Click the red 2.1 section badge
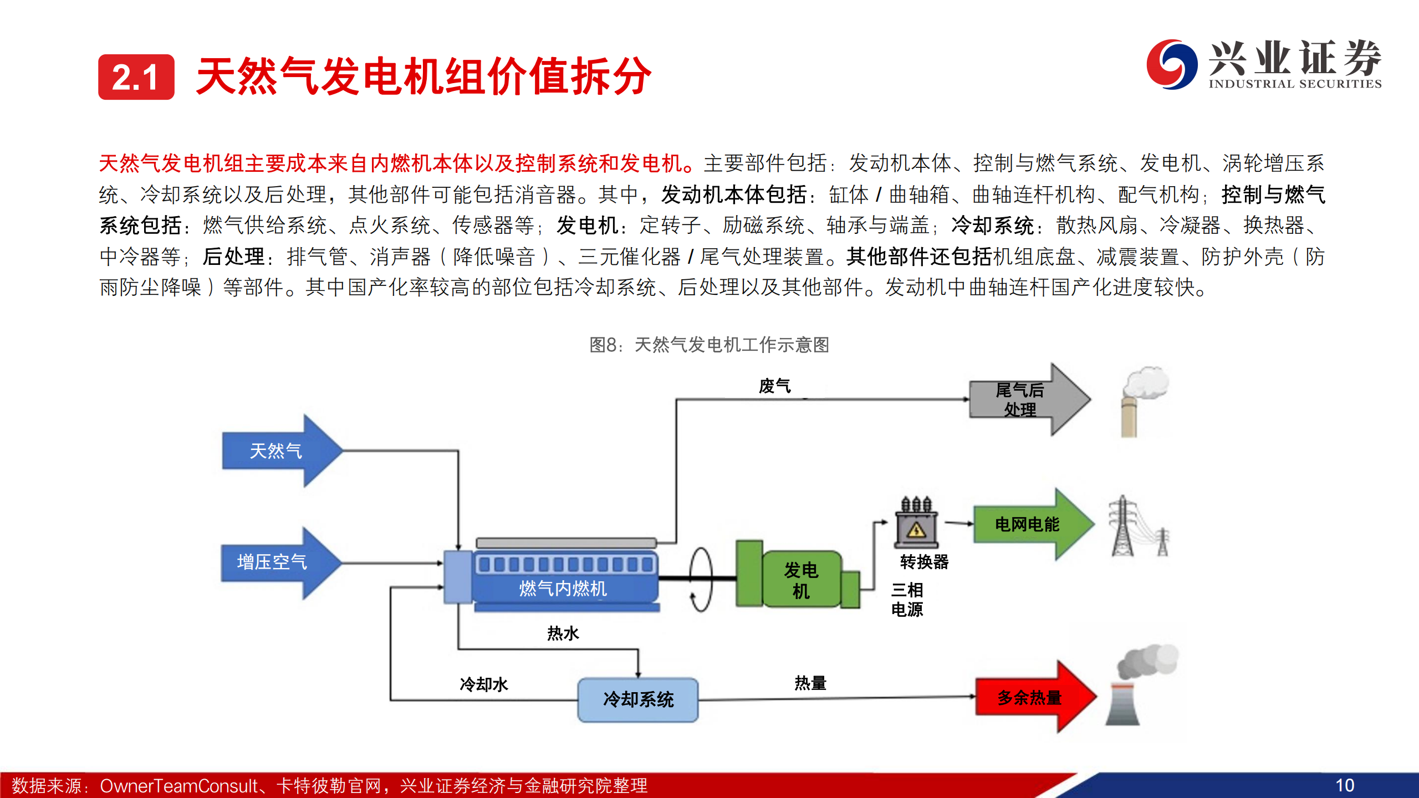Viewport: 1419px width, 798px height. coord(136,77)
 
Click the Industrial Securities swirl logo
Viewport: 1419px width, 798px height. coord(1171,64)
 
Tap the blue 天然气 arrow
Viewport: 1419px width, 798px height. coord(277,451)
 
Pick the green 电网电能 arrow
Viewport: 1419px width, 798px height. coord(1029,524)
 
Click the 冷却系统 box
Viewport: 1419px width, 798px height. coord(638,699)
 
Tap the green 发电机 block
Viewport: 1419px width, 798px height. coord(800,580)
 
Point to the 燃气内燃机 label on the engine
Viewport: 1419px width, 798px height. coord(563,588)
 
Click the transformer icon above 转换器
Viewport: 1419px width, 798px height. coord(916,523)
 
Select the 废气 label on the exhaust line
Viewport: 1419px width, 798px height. coord(774,386)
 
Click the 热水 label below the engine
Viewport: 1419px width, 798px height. coord(563,633)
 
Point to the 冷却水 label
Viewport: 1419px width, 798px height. coord(483,684)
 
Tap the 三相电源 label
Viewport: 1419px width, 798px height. coord(907,600)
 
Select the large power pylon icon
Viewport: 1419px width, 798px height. coord(1123,526)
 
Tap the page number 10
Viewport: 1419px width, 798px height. coord(1345,785)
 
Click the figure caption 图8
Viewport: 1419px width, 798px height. coord(709,345)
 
